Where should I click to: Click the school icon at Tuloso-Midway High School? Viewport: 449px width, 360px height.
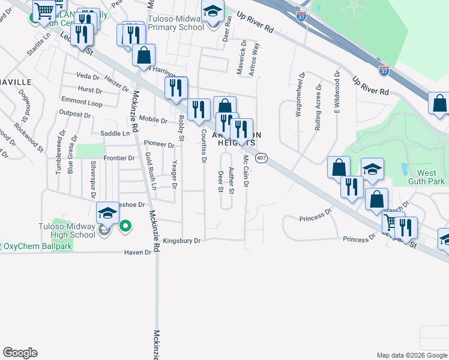[108, 213]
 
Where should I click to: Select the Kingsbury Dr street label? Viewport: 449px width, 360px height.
[181, 241]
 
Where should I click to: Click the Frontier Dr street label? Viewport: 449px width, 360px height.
[119, 158]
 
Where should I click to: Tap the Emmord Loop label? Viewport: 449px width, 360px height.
[82, 102]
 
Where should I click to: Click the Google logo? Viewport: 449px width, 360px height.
[20, 353]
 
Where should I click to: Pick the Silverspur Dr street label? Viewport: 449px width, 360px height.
[93, 175]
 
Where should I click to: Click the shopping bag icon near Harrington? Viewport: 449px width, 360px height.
[143, 56]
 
